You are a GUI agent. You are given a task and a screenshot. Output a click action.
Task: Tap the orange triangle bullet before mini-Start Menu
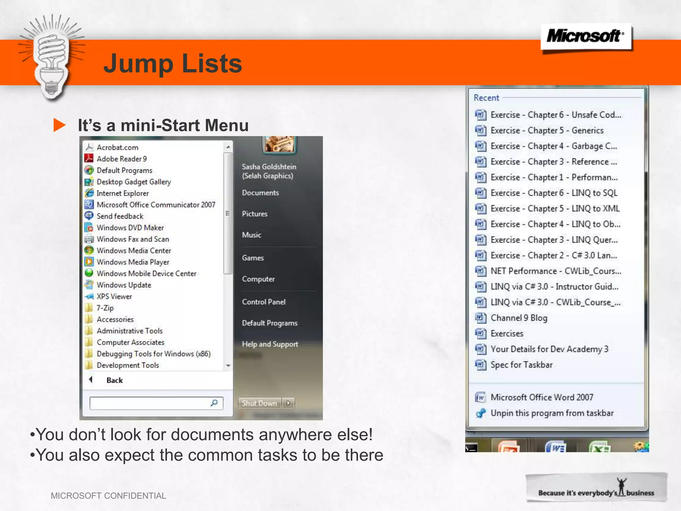click(59, 125)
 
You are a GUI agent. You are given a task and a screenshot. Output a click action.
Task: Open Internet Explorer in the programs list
click(122, 193)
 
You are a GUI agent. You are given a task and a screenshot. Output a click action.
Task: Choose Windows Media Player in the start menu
click(133, 262)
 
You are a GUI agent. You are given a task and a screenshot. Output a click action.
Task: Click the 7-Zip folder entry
click(105, 308)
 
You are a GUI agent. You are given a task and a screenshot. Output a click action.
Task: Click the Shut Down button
click(259, 403)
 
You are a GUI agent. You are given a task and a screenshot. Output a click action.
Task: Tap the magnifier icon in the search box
click(214, 403)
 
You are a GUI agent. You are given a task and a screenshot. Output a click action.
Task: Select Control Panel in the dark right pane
click(263, 302)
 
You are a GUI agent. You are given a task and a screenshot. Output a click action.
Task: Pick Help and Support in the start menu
click(270, 344)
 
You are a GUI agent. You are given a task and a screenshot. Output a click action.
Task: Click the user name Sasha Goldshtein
click(269, 167)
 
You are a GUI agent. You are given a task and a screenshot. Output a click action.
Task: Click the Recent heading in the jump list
click(486, 98)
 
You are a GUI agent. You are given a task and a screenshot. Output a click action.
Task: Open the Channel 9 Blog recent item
click(519, 318)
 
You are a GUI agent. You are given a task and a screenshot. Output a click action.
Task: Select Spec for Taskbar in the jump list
click(521, 365)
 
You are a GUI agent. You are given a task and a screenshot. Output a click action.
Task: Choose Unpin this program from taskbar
click(552, 413)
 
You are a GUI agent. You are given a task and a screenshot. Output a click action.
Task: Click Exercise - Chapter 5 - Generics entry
click(547, 130)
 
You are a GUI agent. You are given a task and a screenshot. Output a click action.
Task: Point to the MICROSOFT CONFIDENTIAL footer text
click(108, 496)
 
